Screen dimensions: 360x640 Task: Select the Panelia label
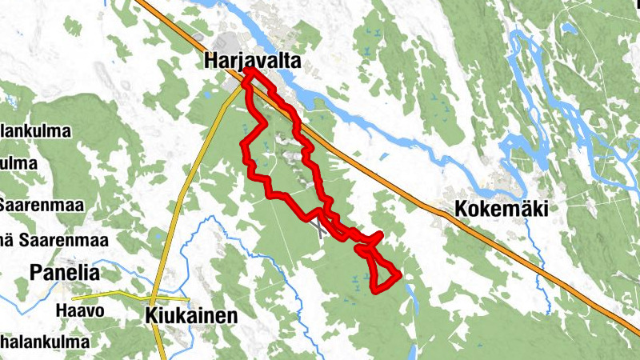click(x=65, y=273)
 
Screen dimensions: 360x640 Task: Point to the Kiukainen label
click(x=192, y=316)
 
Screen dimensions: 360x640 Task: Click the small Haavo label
click(x=80, y=310)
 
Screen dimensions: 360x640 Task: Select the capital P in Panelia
click(x=37, y=273)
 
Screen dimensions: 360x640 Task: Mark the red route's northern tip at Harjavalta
click(x=249, y=72)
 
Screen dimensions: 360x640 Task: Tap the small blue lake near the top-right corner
click(x=569, y=29)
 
